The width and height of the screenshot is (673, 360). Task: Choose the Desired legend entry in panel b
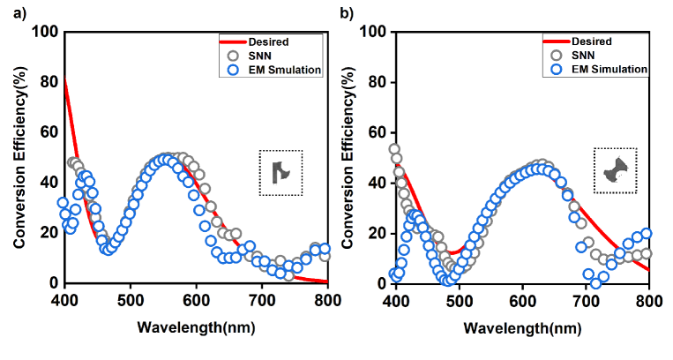593,41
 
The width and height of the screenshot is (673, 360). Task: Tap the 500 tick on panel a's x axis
131,299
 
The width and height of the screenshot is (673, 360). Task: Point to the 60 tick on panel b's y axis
376,133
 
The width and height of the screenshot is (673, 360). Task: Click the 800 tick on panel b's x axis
649,299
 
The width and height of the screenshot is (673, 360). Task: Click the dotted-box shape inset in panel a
281,172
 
